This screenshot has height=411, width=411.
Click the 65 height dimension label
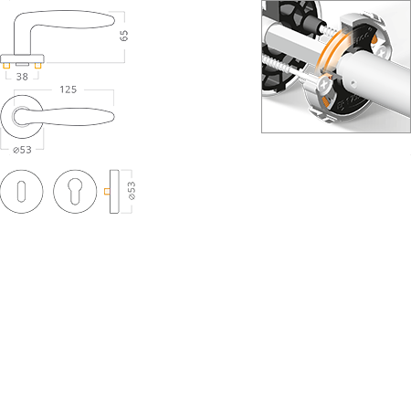[x=124, y=36]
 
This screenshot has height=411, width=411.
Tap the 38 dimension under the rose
[x=22, y=77]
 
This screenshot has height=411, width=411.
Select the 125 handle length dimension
[x=68, y=90]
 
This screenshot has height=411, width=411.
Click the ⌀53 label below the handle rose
[x=22, y=150]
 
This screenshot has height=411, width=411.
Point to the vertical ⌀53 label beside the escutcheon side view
[x=132, y=191]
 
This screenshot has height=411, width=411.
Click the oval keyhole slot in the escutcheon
[x=21, y=192]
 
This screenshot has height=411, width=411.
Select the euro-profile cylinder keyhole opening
[x=75, y=191]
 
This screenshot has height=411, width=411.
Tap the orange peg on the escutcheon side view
[x=107, y=192]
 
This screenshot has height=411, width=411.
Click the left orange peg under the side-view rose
[x=6, y=66]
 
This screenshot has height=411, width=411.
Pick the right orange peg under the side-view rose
[x=37, y=66]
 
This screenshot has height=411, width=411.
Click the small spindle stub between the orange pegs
[x=22, y=64]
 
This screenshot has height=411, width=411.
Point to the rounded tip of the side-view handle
[x=112, y=20]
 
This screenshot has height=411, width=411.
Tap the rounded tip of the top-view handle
[x=112, y=117]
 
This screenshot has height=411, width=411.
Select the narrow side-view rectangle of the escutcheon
[x=114, y=192]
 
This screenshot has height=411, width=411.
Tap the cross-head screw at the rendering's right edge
[x=382, y=50]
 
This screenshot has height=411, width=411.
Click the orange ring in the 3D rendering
[x=328, y=55]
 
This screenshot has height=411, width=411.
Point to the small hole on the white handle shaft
[x=353, y=82]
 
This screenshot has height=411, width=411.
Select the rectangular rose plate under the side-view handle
[x=22, y=58]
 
